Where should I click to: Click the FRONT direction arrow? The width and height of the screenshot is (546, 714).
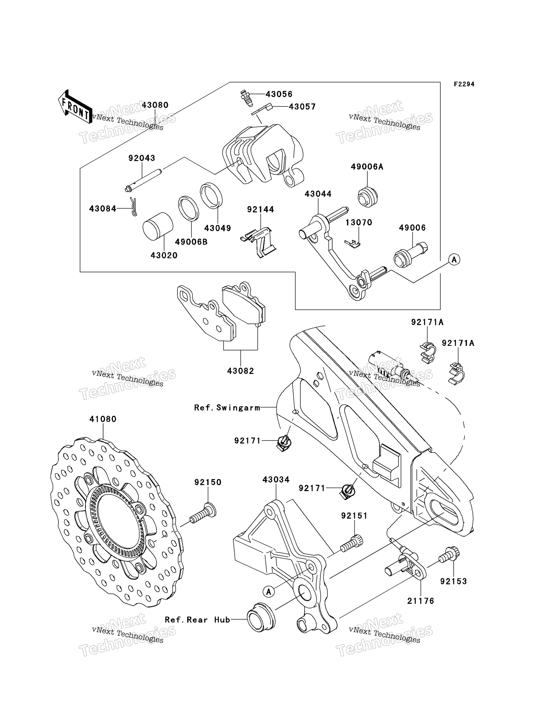(x=75, y=107)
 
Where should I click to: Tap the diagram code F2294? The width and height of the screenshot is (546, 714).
(x=464, y=84)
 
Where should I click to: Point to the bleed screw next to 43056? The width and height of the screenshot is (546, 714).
(x=246, y=98)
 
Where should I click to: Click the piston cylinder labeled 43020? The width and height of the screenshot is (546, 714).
(x=158, y=227)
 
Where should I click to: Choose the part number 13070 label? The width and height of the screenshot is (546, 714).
(x=359, y=223)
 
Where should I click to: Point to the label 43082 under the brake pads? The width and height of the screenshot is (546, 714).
(x=241, y=371)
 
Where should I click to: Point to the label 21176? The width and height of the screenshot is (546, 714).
(x=421, y=601)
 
